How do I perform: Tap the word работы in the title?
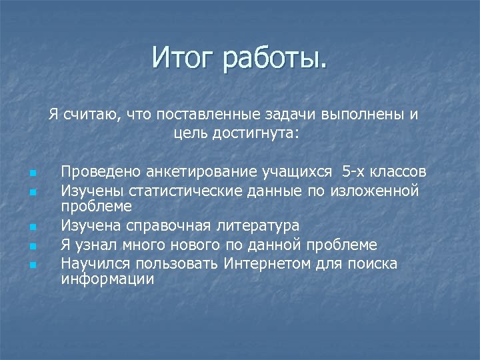coord(275,58)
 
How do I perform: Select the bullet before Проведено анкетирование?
coord(32,174)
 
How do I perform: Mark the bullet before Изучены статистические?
coord(32,193)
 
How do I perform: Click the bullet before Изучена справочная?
coord(32,228)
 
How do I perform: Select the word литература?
coord(258,226)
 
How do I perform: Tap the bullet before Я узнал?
coord(32,247)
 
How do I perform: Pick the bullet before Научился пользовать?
coord(32,265)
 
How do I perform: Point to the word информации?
coord(107,279)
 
